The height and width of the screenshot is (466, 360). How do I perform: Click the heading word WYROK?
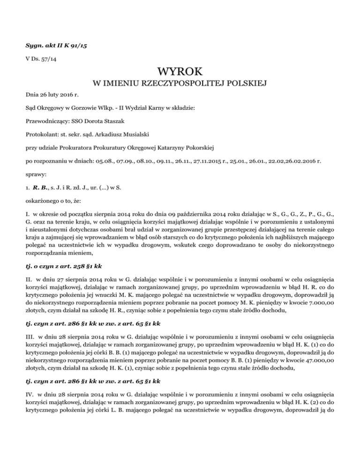point(180,72)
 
